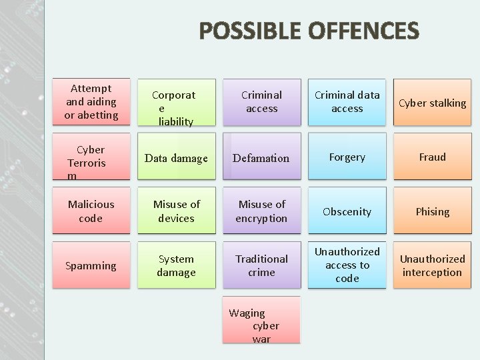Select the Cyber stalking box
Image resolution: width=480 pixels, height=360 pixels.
click(x=432, y=103)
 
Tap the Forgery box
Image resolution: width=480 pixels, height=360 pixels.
click(x=347, y=157)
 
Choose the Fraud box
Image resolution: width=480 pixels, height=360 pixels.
click(x=432, y=157)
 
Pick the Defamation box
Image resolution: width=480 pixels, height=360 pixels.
click(x=261, y=157)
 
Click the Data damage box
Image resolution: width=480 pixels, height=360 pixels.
click(x=176, y=157)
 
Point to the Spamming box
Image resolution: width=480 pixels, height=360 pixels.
click(x=91, y=265)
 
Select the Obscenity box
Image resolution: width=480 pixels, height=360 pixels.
click(x=347, y=211)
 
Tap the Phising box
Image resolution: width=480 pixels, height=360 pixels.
click(x=432, y=211)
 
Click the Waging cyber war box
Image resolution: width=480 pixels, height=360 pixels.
click(x=261, y=325)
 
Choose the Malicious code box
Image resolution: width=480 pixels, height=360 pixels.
click(x=91, y=211)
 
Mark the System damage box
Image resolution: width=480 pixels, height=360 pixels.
click(x=176, y=265)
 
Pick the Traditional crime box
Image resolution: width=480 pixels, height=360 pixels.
click(x=261, y=265)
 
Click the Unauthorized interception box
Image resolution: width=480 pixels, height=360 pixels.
click(x=432, y=265)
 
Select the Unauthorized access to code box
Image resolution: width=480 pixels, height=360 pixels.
click(x=347, y=265)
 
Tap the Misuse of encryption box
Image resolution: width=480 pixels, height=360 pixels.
click(x=261, y=211)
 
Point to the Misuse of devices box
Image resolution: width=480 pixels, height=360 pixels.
click(x=176, y=211)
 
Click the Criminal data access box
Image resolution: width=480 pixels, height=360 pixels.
click(x=347, y=102)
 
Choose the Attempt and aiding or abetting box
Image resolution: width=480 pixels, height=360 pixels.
click(x=91, y=101)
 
